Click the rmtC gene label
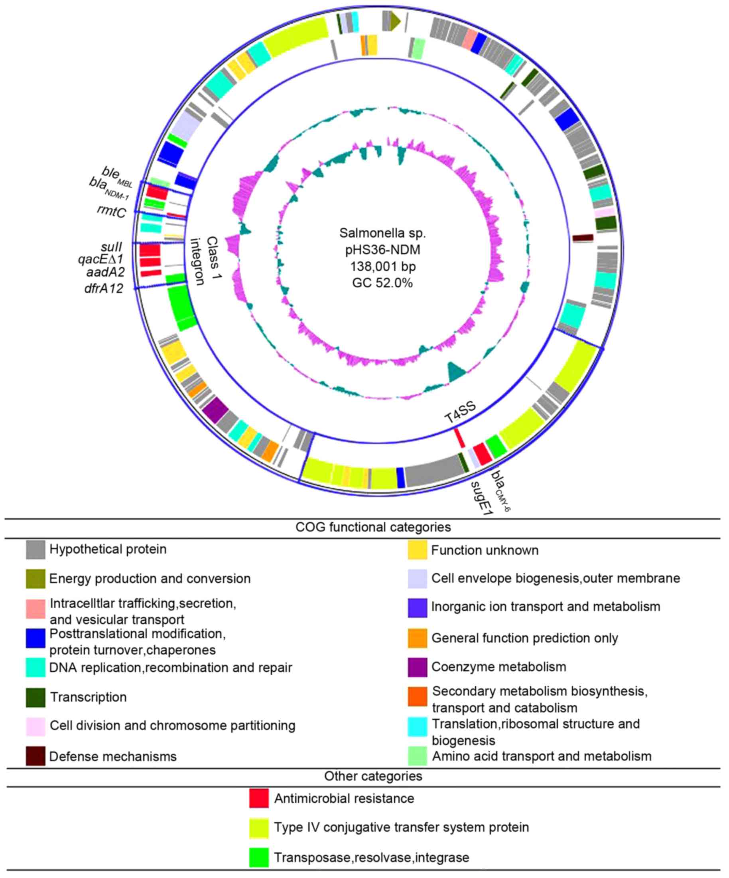(x=111, y=211)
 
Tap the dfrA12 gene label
(x=104, y=288)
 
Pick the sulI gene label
(x=111, y=247)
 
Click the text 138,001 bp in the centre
(x=383, y=266)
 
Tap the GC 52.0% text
(x=383, y=283)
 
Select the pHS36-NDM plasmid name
(x=383, y=249)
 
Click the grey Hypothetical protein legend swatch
(x=35, y=550)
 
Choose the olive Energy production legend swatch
(x=35, y=579)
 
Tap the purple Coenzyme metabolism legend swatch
(x=418, y=667)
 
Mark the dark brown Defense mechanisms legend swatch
(x=35, y=756)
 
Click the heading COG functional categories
(x=373, y=527)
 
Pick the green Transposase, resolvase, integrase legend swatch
(x=258, y=858)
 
